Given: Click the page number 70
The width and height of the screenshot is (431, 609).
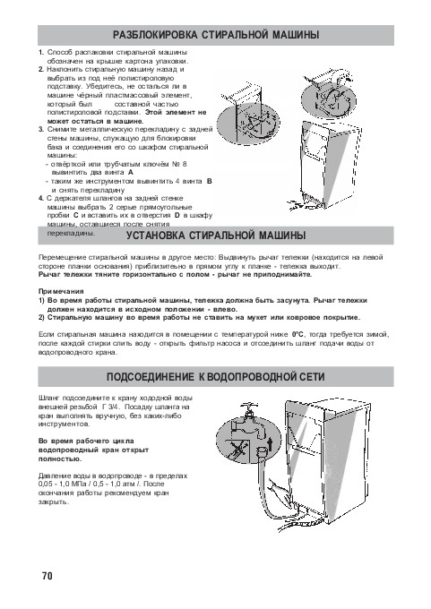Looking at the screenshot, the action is coord(47,575).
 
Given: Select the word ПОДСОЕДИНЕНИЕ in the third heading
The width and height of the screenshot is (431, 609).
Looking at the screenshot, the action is coord(150,377).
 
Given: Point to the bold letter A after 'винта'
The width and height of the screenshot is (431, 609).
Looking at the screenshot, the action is coord(130,172).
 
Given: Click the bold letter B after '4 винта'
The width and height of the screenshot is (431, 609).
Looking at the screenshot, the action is coord(210,181).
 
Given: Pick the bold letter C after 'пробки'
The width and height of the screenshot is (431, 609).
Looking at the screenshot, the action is coord(76,215).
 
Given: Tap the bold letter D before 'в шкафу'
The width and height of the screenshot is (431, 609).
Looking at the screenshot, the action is coord(177,215).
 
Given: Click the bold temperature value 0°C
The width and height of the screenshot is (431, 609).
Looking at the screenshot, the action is coord(297,334).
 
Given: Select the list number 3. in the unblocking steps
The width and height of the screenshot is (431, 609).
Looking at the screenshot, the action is coord(41,130).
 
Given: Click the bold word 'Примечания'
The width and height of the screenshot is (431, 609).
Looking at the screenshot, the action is coord(61,291).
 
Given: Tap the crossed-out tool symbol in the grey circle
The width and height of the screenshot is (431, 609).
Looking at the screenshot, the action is coord(236,451).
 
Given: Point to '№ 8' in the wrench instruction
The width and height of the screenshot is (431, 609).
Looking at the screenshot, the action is coord(179,164).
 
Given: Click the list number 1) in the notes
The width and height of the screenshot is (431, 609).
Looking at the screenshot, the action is coord(41,301).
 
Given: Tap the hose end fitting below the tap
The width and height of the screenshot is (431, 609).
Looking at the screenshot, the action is coord(262,452).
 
